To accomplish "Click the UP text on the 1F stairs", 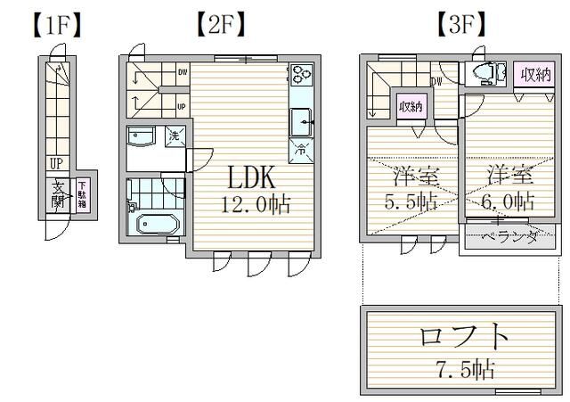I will tap(56, 163).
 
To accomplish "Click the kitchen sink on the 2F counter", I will tap(300, 119).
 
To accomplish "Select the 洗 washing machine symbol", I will tap(175, 136).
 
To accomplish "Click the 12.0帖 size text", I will tap(256, 204).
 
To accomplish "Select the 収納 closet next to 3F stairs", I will tap(410, 107).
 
